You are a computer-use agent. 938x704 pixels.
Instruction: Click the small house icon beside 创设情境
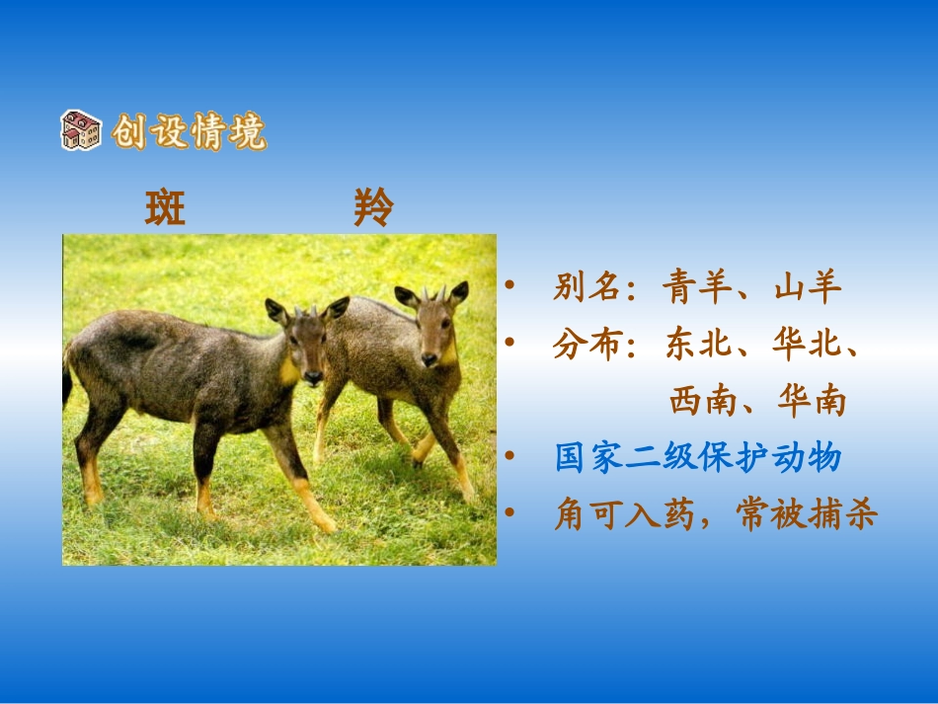coord(81,130)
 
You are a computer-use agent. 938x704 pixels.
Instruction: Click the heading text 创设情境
coord(189,131)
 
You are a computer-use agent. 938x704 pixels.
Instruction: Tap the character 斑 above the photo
coord(165,207)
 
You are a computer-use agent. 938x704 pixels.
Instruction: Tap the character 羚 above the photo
coord(373,207)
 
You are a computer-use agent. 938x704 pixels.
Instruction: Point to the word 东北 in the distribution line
coord(698,345)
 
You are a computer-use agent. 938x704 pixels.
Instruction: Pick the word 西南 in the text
coord(702,401)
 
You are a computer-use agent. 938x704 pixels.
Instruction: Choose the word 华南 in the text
coord(814,401)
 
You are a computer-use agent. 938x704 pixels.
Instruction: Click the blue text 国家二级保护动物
coord(697,458)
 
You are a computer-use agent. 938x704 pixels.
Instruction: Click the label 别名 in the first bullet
coord(586,287)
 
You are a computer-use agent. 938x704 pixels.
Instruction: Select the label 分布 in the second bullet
coord(586,345)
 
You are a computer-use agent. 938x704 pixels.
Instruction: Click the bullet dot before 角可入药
coord(509,513)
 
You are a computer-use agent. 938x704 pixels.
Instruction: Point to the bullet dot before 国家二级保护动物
coord(509,457)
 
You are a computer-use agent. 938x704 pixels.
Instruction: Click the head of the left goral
coord(307,341)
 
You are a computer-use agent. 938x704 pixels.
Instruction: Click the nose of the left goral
coord(313,378)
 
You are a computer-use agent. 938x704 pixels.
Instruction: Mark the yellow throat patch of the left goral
coord(288,370)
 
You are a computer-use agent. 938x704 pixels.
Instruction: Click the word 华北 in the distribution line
coord(811,345)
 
